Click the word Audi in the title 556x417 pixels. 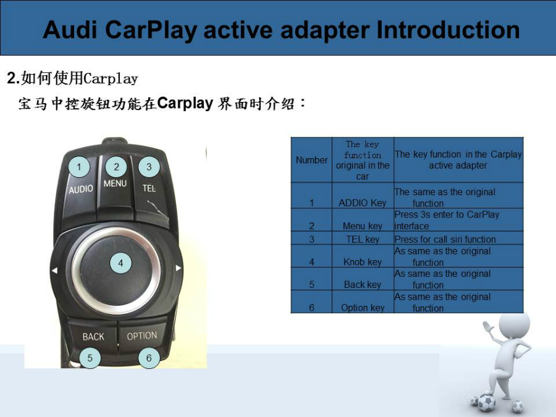[x=70, y=30]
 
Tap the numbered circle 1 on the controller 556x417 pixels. [x=79, y=167]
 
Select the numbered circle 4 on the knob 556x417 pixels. [x=120, y=263]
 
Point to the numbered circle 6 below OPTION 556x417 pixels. [x=149, y=358]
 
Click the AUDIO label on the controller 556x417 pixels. [x=81, y=190]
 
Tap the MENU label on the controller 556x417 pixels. [x=116, y=183]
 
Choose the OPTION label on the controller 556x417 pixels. [x=142, y=335]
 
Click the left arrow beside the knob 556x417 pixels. [x=54, y=271]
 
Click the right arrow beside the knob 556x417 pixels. [x=179, y=268]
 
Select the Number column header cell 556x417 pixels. [x=312, y=160]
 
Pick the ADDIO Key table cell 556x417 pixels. [x=363, y=195]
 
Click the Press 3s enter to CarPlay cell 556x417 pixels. [x=458, y=220]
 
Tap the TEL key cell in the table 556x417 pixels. [x=363, y=238]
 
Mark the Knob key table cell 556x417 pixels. [x=363, y=256]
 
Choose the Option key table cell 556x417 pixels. [x=363, y=301]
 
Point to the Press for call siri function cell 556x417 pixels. [x=458, y=238]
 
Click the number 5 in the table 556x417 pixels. [x=312, y=284]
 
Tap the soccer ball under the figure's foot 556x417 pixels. [x=486, y=402]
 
